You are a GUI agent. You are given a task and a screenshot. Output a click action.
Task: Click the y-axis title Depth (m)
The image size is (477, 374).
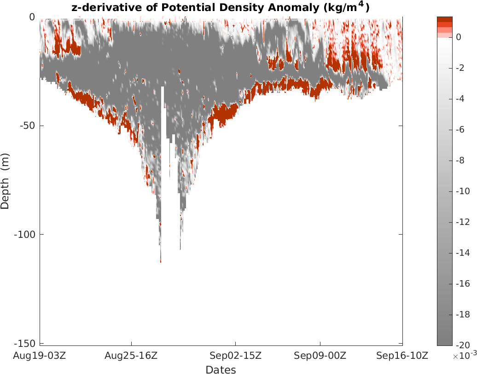[x=5, y=181]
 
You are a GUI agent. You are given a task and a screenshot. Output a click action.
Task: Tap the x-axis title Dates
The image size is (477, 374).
[x=221, y=370]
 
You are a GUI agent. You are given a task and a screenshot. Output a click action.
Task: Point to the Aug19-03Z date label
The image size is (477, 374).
[x=40, y=356]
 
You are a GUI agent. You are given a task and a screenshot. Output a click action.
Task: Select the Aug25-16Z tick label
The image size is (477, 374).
[x=131, y=356]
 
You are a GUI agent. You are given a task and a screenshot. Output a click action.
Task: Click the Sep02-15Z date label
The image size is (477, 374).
[x=235, y=356]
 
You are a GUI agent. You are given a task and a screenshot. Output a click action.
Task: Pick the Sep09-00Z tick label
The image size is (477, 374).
[x=320, y=356]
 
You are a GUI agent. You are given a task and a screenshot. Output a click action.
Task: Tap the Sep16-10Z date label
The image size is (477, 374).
[x=402, y=356]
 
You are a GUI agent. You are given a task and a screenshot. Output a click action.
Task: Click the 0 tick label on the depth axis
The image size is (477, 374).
[x=32, y=17]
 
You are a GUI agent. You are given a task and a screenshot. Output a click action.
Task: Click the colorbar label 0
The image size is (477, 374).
[x=458, y=37]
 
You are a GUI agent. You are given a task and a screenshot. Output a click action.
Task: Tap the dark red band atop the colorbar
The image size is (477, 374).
[x=444, y=19]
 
